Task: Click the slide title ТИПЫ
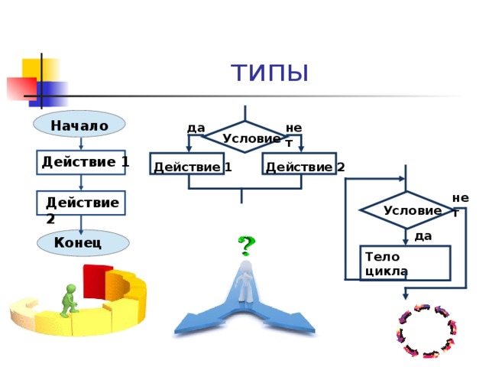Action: tap(270, 73)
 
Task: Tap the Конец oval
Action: tap(83, 243)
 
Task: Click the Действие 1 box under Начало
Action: tap(81, 162)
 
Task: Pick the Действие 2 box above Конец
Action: tap(81, 203)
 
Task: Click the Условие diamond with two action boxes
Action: tap(245, 137)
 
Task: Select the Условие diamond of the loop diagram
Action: tap(406, 210)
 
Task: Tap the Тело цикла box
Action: tap(406, 263)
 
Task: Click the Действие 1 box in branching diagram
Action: tap(187, 164)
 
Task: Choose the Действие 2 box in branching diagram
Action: tap(300, 164)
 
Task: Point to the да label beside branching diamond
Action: tap(196, 128)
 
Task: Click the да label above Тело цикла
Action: tap(423, 236)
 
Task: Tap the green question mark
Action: tap(246, 245)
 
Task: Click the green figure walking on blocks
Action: tap(69, 300)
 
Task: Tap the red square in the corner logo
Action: tap(22, 89)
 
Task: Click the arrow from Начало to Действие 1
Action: tap(81, 144)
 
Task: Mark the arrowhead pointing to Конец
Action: tap(81, 232)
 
